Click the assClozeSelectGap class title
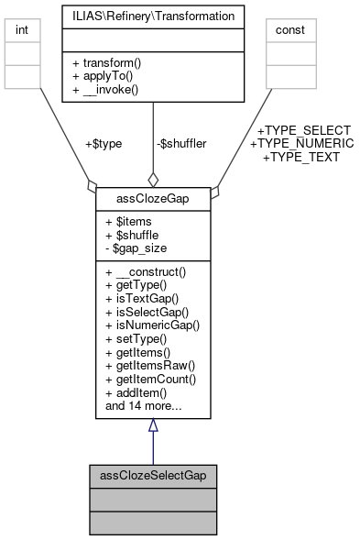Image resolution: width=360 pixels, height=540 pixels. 153,476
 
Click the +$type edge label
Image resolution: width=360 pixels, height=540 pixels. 103,144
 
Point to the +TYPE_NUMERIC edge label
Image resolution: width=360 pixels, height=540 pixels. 300,144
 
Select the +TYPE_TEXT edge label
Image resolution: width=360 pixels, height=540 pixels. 300,157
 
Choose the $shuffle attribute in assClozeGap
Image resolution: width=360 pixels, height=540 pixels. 135,236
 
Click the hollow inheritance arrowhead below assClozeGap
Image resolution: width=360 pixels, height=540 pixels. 153,425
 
